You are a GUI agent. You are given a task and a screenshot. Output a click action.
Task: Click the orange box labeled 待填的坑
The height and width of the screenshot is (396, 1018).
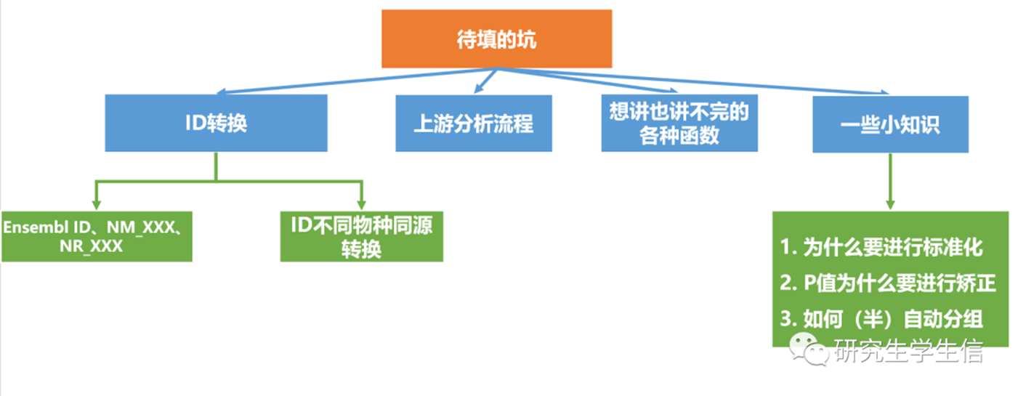[x=497, y=39]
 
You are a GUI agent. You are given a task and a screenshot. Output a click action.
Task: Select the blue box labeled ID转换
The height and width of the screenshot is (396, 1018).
[x=216, y=123]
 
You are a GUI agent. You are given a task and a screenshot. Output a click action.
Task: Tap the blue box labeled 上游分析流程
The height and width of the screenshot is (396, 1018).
[x=474, y=124]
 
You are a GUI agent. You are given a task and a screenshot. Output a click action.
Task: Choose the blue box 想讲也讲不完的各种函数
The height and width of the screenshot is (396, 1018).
[x=679, y=123]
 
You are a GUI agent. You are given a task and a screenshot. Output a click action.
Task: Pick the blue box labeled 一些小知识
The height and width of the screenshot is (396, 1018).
[x=890, y=124]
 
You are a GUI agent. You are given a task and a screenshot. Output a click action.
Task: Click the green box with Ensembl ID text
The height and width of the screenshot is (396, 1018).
[x=97, y=236]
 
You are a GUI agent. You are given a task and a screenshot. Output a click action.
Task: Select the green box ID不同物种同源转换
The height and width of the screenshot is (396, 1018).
[x=362, y=236]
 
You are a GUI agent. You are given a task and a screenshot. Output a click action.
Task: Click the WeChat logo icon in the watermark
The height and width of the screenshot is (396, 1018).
[x=809, y=349]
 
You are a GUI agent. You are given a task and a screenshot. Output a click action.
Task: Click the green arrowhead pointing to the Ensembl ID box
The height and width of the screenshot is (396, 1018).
[x=97, y=204]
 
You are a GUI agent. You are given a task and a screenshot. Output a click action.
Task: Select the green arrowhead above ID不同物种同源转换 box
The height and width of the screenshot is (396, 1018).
[x=362, y=204]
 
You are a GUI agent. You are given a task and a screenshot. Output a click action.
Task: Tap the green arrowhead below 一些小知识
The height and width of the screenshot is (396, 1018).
[x=890, y=204]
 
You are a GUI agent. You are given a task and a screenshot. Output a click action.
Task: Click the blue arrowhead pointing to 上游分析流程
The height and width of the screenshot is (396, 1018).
[x=478, y=89]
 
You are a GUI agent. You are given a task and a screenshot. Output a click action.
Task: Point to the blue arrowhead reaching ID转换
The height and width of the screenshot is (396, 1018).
[x=222, y=92]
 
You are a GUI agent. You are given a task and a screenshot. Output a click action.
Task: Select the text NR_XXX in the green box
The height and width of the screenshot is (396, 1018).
[x=91, y=246]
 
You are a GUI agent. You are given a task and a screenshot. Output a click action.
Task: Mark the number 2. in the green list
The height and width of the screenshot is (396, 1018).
[x=788, y=283]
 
